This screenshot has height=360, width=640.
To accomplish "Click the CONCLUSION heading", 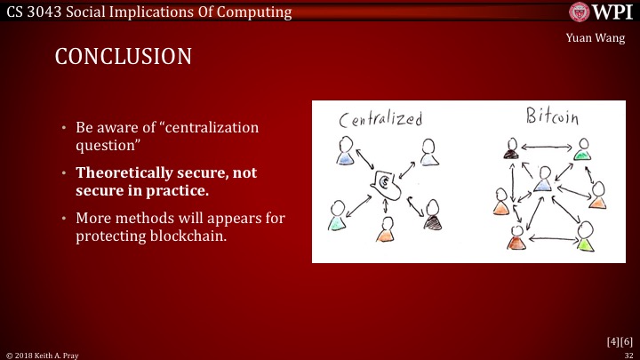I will pos(123,56).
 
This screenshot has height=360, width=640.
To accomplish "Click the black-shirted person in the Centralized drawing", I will pos(432,214).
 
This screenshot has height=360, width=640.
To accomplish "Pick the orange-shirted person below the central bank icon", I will pos(385,229).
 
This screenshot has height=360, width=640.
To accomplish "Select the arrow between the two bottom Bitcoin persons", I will pos(548,241).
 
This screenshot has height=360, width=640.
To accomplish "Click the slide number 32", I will pos(628,353).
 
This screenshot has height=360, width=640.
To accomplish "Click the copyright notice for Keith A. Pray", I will pos(43,353).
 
